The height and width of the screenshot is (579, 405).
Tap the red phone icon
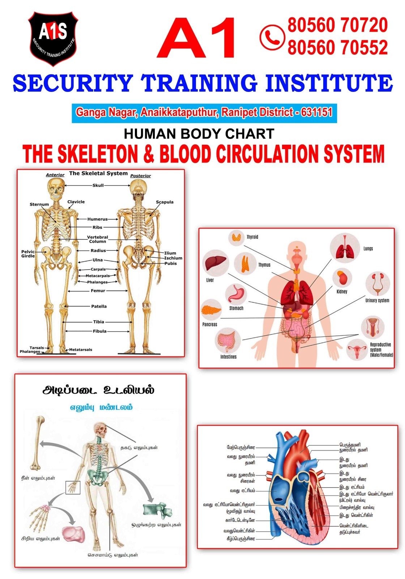[x=272, y=37]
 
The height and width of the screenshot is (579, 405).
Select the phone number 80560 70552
[x=337, y=47]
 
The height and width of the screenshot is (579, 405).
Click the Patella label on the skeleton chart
[x=99, y=306]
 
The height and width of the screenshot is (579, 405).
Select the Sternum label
[x=39, y=204]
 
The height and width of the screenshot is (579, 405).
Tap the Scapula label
[x=165, y=202]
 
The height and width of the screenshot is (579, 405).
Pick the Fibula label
[x=99, y=331]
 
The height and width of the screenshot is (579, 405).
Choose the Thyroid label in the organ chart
[x=252, y=237]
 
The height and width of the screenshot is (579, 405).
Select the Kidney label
[x=342, y=291]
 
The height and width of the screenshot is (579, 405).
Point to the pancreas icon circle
[x=211, y=310]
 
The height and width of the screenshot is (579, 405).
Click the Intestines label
[x=228, y=357]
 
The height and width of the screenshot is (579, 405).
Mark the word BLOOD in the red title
[x=185, y=154]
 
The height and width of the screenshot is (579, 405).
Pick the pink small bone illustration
[x=74, y=534]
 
